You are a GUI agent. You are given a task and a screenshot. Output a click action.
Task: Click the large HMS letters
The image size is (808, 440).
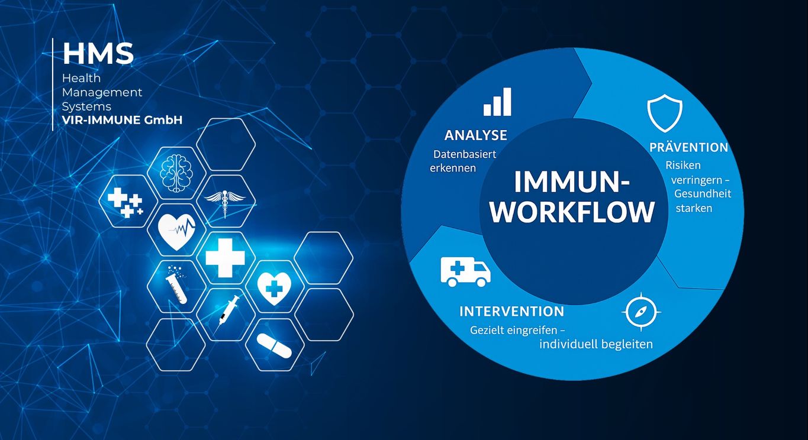tap(98, 54)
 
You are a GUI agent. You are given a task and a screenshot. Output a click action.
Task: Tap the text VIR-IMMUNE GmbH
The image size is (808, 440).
tap(123, 120)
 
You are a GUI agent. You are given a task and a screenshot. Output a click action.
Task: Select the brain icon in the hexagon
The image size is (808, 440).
tap(176, 173)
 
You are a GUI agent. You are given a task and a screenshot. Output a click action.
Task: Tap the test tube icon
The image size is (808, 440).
tap(177, 284)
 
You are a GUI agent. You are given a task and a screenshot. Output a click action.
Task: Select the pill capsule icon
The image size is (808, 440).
tap(274, 345)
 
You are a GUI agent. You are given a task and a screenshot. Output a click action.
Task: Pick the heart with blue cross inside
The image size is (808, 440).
tap(274, 288)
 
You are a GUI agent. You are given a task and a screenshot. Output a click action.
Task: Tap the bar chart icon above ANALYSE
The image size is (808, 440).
tap(497, 102)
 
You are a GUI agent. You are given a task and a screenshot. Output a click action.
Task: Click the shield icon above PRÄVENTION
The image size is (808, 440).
tap(665, 113)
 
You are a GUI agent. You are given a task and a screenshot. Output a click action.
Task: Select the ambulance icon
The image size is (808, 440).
tap(465, 271)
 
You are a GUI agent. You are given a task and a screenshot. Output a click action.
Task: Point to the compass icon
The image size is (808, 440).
tap(641, 312)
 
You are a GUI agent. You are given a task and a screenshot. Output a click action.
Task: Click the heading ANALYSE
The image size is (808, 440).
tap(476, 135)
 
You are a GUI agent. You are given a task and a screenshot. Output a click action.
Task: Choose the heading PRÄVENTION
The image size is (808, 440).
tap(688, 147)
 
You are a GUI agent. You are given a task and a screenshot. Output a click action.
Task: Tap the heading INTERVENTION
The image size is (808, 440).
tap(512, 311)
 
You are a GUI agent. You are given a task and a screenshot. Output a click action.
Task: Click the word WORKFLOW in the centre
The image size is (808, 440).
tap(572, 212)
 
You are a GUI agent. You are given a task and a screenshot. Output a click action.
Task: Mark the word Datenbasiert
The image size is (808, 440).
tap(465, 154)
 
